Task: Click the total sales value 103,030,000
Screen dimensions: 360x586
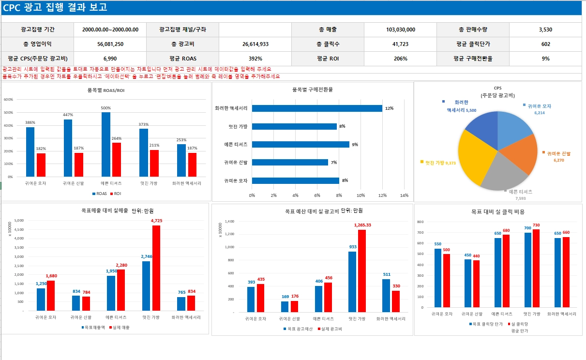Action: (x=401, y=30)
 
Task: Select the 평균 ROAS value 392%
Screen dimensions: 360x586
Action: (x=255, y=59)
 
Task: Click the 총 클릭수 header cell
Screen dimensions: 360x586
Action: (x=328, y=44)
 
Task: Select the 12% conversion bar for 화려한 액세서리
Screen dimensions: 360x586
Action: (x=317, y=108)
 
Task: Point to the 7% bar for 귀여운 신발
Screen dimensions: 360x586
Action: (x=290, y=163)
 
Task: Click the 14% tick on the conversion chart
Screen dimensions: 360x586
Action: (x=405, y=195)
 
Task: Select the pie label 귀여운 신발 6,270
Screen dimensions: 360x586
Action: (x=559, y=156)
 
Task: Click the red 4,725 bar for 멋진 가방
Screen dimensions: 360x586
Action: (x=156, y=268)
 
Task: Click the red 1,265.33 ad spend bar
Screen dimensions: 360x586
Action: (x=362, y=271)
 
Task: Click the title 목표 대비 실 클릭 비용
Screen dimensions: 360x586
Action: (x=498, y=211)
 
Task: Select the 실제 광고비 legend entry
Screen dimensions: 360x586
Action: (x=328, y=329)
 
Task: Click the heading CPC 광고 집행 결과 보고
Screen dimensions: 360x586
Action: (x=55, y=8)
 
